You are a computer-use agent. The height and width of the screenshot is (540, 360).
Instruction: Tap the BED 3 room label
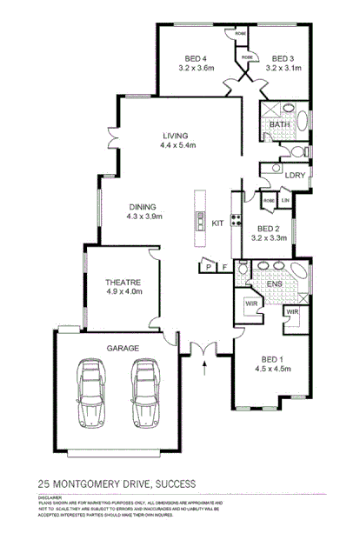click(283, 57)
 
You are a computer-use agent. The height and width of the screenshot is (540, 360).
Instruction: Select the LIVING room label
click(177, 136)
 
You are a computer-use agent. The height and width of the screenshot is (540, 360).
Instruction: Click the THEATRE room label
click(123, 283)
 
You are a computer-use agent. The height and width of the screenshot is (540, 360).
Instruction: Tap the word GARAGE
click(123, 347)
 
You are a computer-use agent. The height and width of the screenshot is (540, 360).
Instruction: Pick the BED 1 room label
click(272, 359)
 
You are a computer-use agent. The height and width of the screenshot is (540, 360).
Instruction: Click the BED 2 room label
click(268, 229)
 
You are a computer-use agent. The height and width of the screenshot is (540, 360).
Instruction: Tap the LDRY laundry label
click(295, 176)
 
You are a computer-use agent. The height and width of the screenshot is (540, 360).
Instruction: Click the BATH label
click(279, 125)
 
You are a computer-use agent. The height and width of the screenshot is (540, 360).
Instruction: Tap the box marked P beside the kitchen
click(208, 266)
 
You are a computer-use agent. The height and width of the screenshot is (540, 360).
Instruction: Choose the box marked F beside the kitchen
click(224, 266)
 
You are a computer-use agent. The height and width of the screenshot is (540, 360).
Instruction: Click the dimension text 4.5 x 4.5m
click(272, 369)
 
